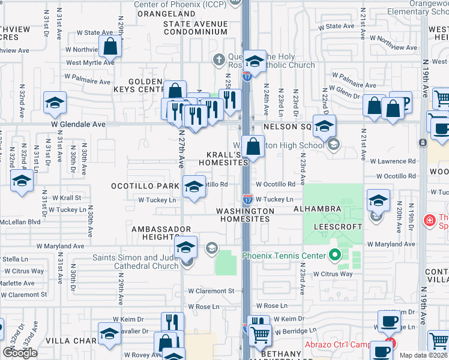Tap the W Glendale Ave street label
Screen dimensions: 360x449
pos(77,124)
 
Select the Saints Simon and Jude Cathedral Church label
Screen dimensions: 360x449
pos(135,262)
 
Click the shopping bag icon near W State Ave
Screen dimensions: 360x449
pos(110,46)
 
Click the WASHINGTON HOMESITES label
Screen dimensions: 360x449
pos(245,215)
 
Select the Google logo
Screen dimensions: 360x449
pos(20,353)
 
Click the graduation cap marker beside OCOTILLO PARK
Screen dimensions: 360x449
pos(193,187)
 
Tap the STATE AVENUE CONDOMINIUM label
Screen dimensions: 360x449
pos(196,28)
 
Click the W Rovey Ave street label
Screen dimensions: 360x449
pos(134,355)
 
